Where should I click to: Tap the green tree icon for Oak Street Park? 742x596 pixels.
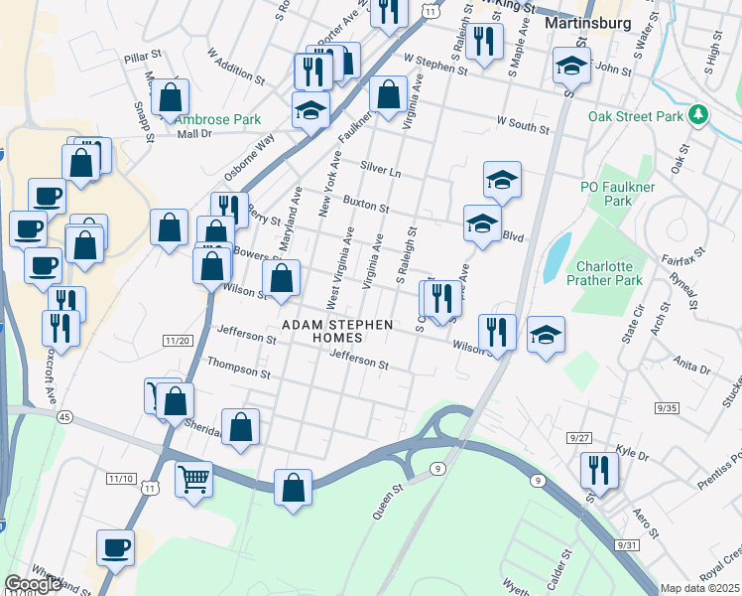pos(699,116)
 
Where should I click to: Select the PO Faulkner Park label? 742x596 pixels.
pos(606,194)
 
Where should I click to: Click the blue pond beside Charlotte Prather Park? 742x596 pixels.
pos(557,257)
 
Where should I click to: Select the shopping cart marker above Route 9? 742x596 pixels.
pos(194,478)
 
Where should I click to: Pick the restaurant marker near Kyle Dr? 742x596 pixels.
pos(599,469)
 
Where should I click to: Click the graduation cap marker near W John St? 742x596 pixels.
pos(571,65)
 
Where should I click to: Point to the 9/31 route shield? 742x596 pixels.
pos(627,545)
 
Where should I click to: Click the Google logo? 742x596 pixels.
pos(33,585)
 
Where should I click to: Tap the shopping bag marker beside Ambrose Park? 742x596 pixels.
pos(171,96)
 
